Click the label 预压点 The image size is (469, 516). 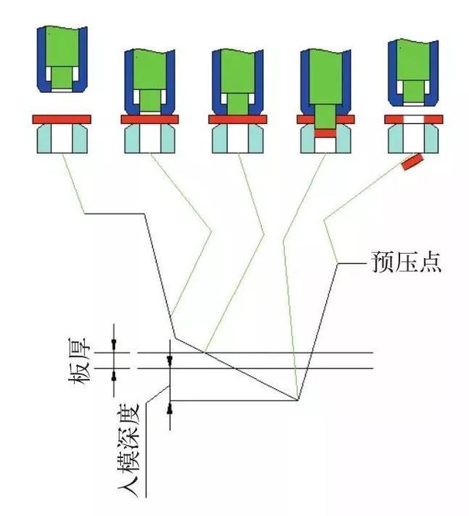407,262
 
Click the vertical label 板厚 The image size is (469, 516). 79,361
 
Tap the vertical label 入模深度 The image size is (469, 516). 129,449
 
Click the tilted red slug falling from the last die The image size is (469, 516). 413,162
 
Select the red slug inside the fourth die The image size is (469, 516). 325,133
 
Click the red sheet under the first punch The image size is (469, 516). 62,119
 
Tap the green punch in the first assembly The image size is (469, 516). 62,58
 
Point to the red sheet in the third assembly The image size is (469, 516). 237,119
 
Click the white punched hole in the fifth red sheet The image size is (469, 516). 414,119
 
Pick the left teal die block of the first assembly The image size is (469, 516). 44,139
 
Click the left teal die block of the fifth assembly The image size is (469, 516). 396,139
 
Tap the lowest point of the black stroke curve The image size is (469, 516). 298,400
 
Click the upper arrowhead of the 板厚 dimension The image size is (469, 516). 114,344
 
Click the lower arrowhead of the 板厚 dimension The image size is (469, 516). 114,375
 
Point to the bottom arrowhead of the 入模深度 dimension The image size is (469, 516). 170,408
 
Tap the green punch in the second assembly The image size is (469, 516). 150,81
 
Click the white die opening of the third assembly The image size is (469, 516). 237,139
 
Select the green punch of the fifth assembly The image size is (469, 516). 414,71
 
